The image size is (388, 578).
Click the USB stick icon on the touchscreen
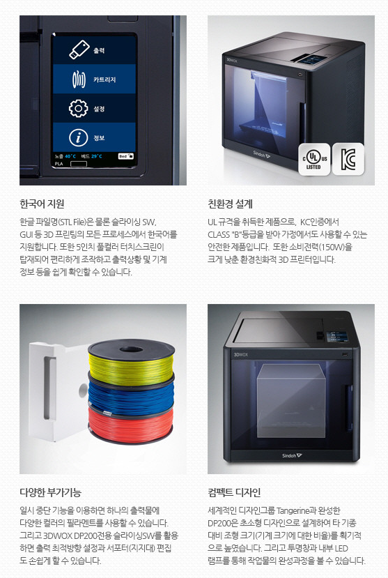click(x=79, y=50)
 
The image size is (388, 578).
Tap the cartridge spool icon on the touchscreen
click(x=79, y=79)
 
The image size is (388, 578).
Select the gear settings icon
click(x=79, y=108)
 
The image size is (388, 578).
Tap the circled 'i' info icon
click(x=79, y=137)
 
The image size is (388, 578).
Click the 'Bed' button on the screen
click(x=126, y=156)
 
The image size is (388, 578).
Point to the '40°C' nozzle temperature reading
click(x=70, y=156)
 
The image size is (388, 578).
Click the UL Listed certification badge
click(x=314, y=160)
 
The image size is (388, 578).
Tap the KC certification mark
click(x=348, y=159)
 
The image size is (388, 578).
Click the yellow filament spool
click(x=131, y=363)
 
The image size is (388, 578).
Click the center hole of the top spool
click(x=130, y=349)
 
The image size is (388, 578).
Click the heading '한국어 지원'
click(x=42, y=204)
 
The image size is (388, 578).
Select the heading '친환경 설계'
click(x=230, y=204)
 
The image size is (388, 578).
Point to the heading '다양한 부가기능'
click(x=50, y=492)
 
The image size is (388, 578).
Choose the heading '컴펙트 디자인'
click(x=234, y=492)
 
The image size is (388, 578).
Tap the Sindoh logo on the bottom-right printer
click(x=292, y=456)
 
